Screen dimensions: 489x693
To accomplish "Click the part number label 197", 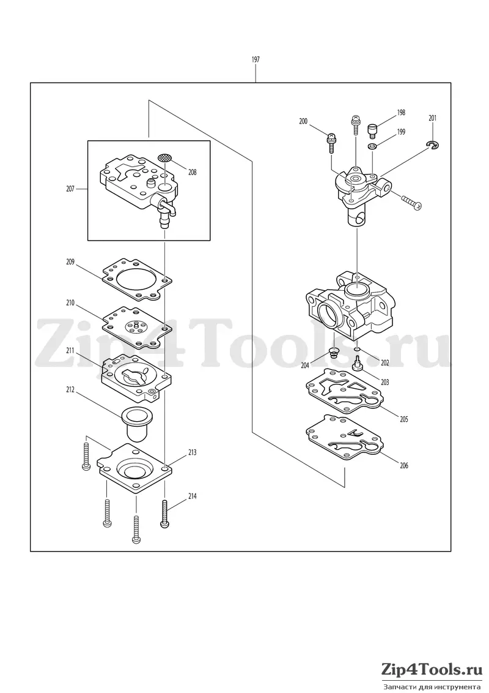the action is coord(256,59).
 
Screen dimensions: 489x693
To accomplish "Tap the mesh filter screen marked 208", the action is coord(164,157).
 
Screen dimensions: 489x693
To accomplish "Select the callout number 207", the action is coord(70,189).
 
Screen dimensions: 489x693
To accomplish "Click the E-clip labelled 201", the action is coord(433,144).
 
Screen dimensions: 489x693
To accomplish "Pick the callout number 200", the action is coord(303,121).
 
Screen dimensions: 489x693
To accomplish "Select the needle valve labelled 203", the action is coord(356,363).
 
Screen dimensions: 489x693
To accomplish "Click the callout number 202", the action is coord(385,363).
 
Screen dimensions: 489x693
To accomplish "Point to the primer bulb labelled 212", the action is coord(138,423).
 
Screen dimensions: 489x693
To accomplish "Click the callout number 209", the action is coord(70,261).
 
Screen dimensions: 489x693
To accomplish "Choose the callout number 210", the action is coord(70,303).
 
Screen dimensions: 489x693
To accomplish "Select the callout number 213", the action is coord(192,452).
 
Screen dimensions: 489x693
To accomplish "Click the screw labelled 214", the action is coord(164,512).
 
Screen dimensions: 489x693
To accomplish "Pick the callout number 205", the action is coord(403,419).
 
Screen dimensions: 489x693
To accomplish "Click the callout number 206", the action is coord(403,465).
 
